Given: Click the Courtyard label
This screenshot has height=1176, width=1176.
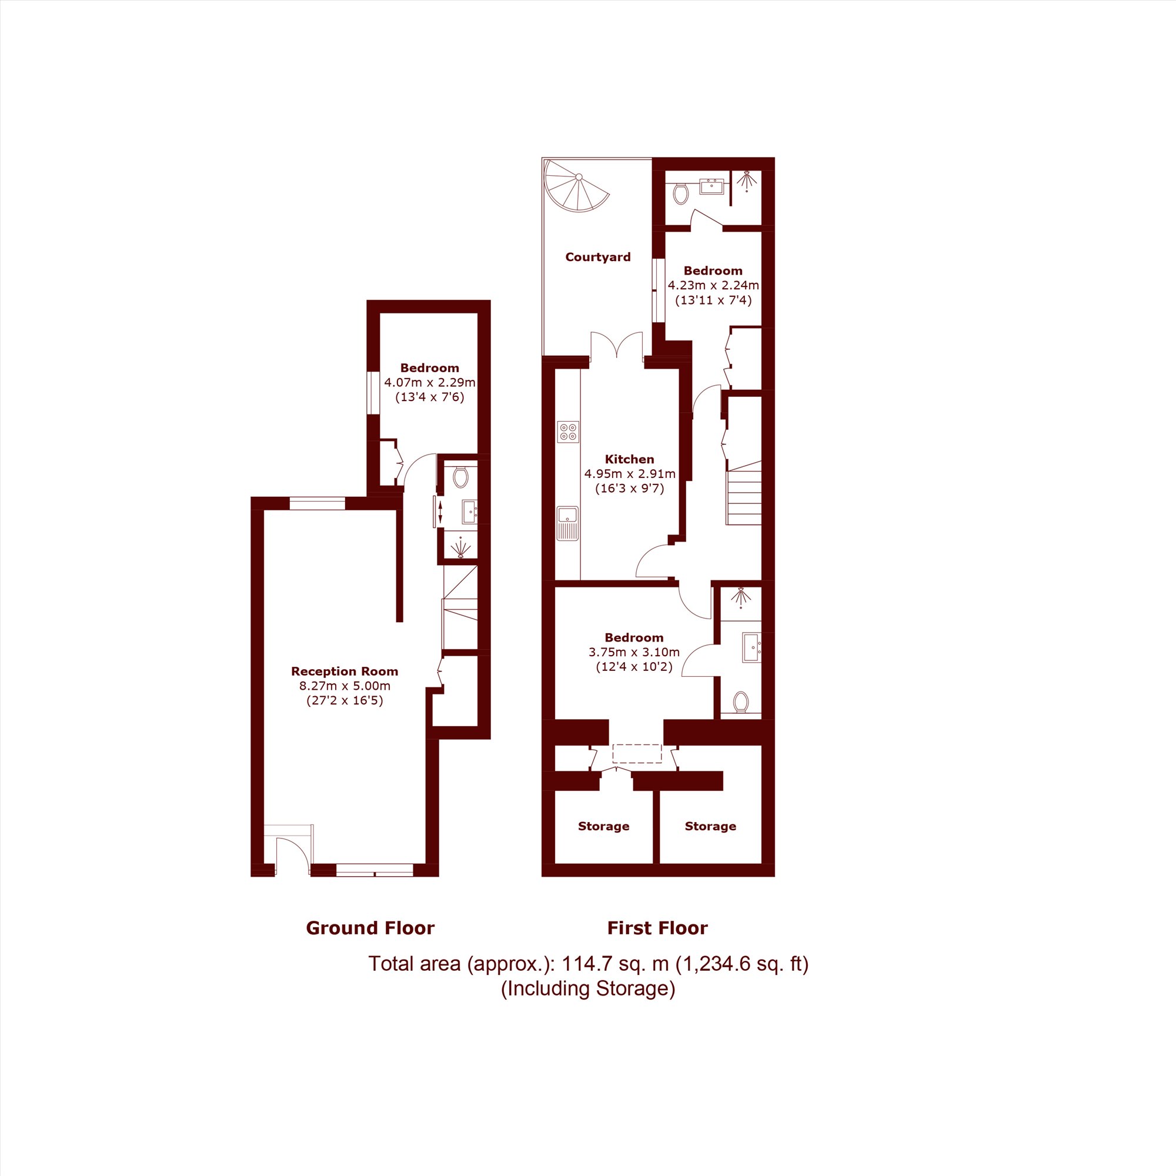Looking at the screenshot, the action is point(598,257).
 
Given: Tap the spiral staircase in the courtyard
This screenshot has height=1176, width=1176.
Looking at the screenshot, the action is point(576,186).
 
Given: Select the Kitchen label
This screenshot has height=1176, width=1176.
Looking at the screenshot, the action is point(629,459).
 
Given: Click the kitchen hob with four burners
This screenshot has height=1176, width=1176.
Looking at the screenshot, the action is point(568,432).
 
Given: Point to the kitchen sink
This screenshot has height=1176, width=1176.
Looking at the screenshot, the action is point(568,523).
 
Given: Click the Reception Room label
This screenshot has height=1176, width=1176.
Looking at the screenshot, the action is point(345,671).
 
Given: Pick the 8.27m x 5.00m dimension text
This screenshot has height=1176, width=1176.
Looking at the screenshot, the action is point(345,686).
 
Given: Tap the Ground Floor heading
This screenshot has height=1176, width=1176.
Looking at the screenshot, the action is point(370,928).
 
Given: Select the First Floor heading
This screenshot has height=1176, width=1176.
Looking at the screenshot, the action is point(657,928).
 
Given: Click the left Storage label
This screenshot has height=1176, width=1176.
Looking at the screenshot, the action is point(604,826).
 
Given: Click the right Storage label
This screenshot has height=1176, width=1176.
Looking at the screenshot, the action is point(710,826).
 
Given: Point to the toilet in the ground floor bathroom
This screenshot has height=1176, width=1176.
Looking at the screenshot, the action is point(460,477).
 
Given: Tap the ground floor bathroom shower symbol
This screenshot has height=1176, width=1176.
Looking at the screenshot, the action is point(462,547).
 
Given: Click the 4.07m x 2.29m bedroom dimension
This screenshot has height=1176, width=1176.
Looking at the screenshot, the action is point(430,383).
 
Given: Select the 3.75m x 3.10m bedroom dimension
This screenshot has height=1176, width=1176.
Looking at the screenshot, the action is point(634,652).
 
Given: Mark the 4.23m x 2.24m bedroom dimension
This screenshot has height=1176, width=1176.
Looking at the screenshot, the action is point(713,285).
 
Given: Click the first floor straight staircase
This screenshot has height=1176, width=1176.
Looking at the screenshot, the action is point(743,493).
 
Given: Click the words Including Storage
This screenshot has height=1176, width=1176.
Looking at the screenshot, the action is point(588,988).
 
